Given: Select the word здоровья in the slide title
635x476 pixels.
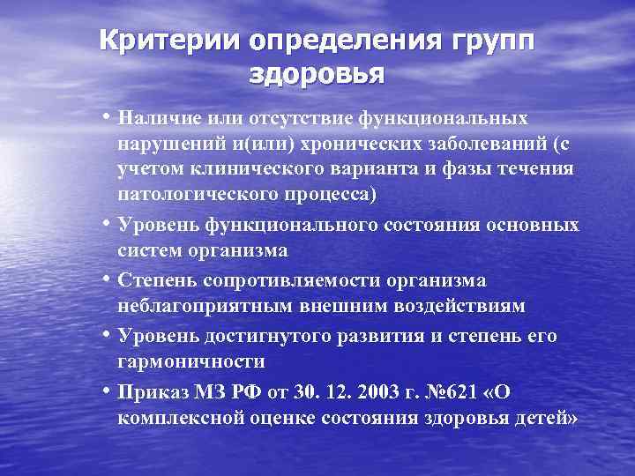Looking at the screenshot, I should coord(317,74).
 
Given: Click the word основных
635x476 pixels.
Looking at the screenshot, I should coord(538,225).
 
